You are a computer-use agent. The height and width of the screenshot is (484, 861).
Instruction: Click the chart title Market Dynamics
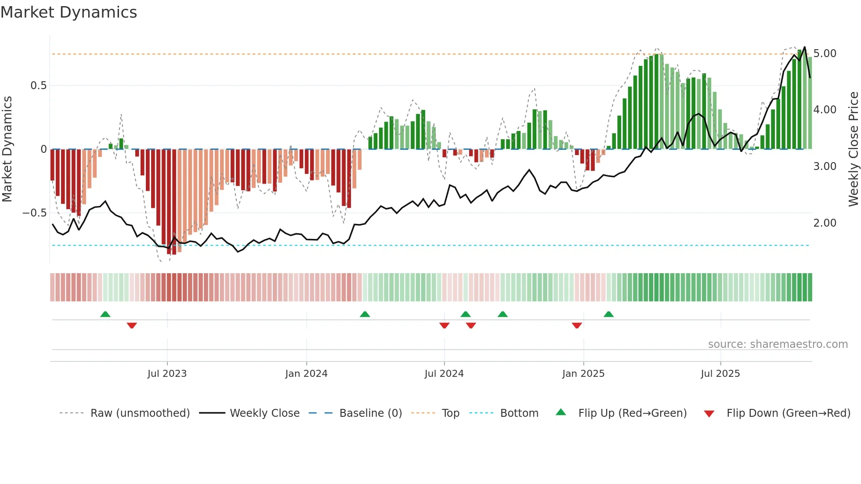pyautogui.click(x=69, y=12)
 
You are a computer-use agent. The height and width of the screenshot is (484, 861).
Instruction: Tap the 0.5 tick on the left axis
pyautogui.click(x=39, y=86)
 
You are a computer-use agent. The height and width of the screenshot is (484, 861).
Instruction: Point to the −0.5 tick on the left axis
pyautogui.click(x=35, y=213)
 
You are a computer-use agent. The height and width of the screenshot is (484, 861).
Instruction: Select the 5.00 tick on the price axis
pyautogui.click(x=825, y=54)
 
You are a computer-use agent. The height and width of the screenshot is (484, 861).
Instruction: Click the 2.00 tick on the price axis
pyautogui.click(x=825, y=223)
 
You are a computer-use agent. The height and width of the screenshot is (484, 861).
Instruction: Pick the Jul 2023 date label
pyautogui.click(x=167, y=374)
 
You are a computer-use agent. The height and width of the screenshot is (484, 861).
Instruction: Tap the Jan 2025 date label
pyautogui.click(x=583, y=374)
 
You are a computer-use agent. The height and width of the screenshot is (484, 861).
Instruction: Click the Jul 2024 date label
pyautogui.click(x=444, y=374)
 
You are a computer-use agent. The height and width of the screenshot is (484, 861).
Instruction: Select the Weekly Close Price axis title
pyautogui.click(x=853, y=149)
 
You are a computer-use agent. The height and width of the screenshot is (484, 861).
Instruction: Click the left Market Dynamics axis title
pyautogui.click(x=7, y=149)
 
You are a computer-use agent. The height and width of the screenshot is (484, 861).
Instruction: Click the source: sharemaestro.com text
pyautogui.click(x=778, y=344)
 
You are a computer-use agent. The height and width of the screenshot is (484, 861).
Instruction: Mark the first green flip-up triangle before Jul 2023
pyautogui.click(x=105, y=314)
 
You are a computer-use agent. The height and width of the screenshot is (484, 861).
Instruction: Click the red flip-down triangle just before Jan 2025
pyautogui.click(x=577, y=325)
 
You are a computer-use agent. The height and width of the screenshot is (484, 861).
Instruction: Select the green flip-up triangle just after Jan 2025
pyautogui.click(x=608, y=314)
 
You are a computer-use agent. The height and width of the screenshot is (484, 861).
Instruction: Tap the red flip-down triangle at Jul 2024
pyautogui.click(x=444, y=325)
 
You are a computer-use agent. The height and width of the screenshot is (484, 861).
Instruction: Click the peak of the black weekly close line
pyautogui.click(x=804, y=47)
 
